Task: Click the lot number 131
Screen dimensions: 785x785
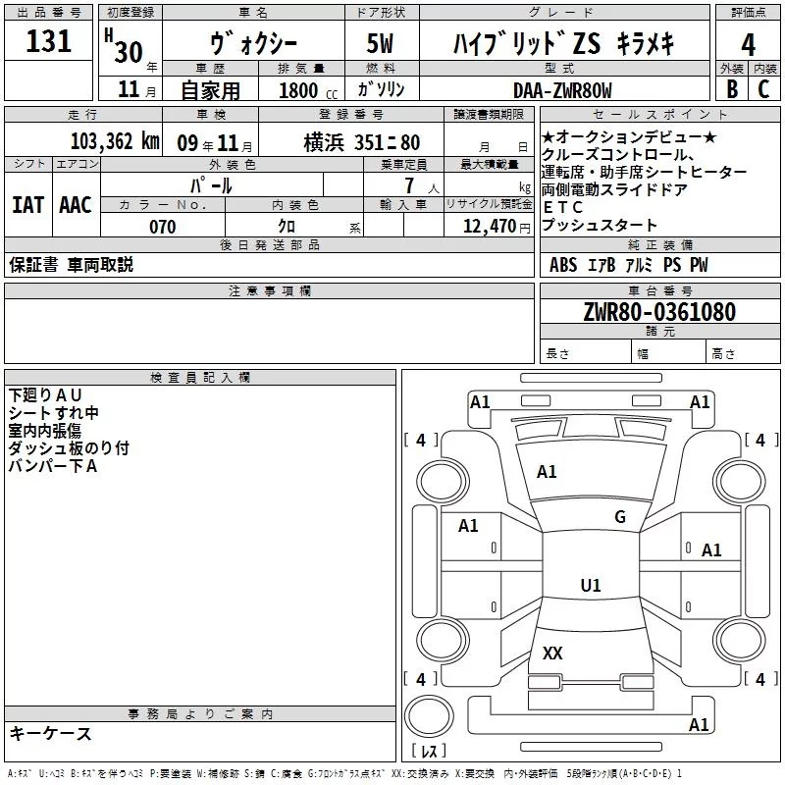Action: pos(49,42)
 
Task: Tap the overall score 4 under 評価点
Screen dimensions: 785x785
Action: pos(748,44)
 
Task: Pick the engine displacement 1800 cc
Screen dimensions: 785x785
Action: pos(304,90)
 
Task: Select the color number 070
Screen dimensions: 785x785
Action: pos(162,227)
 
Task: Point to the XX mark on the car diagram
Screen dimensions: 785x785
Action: pos(552,654)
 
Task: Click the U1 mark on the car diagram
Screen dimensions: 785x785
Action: pos(590,586)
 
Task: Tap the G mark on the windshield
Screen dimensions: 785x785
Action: pos(619,517)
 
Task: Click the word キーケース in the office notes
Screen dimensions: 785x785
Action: pos(50,733)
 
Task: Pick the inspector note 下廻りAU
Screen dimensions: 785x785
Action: pos(46,394)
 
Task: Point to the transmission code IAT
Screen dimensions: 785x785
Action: pos(27,204)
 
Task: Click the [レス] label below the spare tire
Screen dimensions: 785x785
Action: pos(429,753)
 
